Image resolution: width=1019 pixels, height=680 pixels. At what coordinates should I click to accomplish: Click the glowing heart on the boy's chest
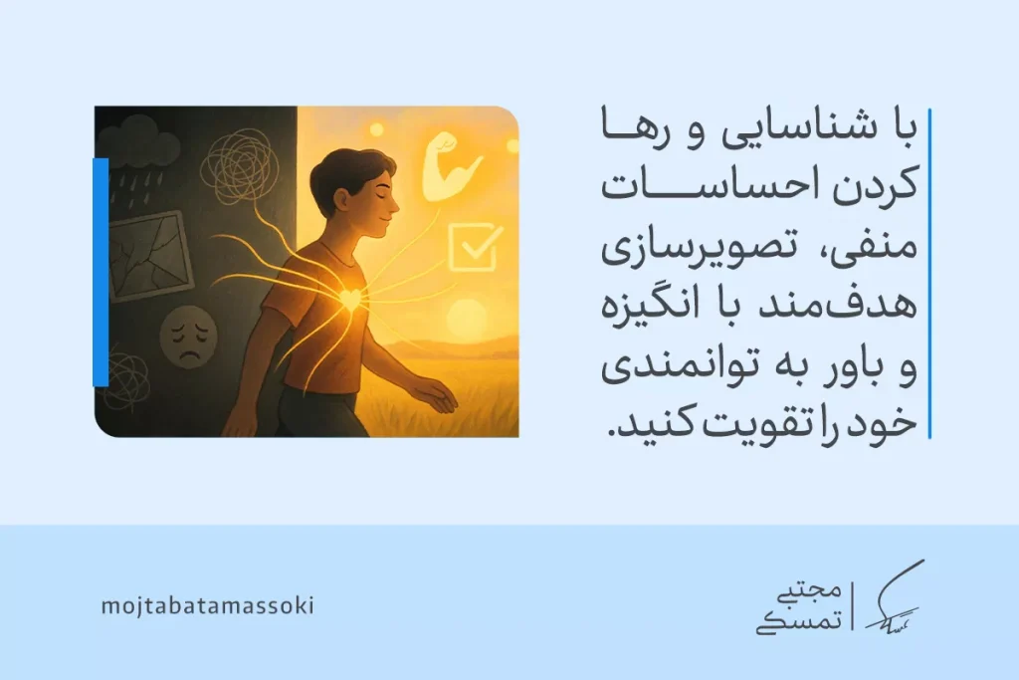tap(349, 298)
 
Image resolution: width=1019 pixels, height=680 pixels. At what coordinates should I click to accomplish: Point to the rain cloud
tap(138, 149)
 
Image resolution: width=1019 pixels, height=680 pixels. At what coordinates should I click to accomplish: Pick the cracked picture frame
tap(149, 253)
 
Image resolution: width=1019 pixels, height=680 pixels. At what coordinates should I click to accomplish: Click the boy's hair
tap(343, 175)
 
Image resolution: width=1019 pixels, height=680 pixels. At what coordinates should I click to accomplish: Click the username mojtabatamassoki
tap(208, 605)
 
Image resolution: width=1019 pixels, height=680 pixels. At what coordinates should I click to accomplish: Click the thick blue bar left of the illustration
tap(101, 271)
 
